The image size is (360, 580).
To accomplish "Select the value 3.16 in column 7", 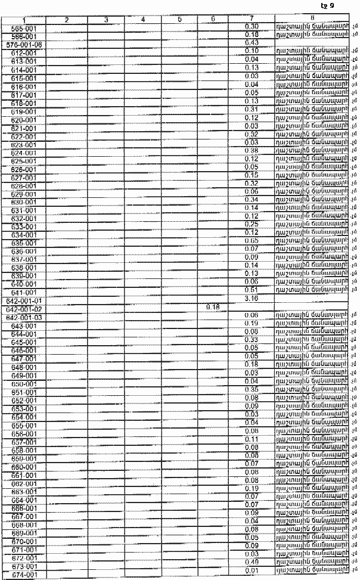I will tap(251, 298).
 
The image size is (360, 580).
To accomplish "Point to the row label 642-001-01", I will tap(24, 302).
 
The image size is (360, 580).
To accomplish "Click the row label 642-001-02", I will tap(24, 310).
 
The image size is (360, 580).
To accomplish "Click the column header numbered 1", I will tap(24, 20).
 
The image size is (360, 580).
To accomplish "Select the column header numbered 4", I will tap(144, 20).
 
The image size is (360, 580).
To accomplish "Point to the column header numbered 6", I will tap(212, 20).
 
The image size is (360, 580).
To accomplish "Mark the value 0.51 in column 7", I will tap(251, 290).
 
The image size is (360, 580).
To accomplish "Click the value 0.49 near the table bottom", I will tap(251, 560).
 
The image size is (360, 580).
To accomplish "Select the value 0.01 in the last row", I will tap(251, 569).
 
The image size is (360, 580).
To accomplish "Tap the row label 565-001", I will tap(24, 28).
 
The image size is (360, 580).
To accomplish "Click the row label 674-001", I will tap(24, 574).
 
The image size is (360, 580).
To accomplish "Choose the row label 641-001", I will tap(24, 293).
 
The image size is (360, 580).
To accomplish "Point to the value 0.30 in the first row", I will tap(251, 27).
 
